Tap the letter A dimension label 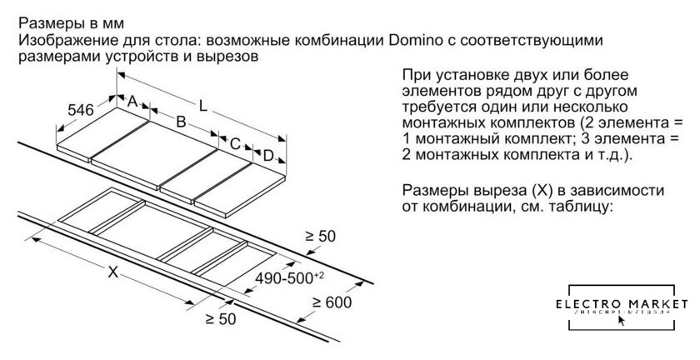click(x=131, y=101)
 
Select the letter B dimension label click(x=178, y=122)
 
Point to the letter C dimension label click(x=235, y=143)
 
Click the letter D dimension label click(x=267, y=156)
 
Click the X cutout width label click(x=112, y=272)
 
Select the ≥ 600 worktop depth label click(x=332, y=303)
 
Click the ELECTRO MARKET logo click(x=623, y=308)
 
